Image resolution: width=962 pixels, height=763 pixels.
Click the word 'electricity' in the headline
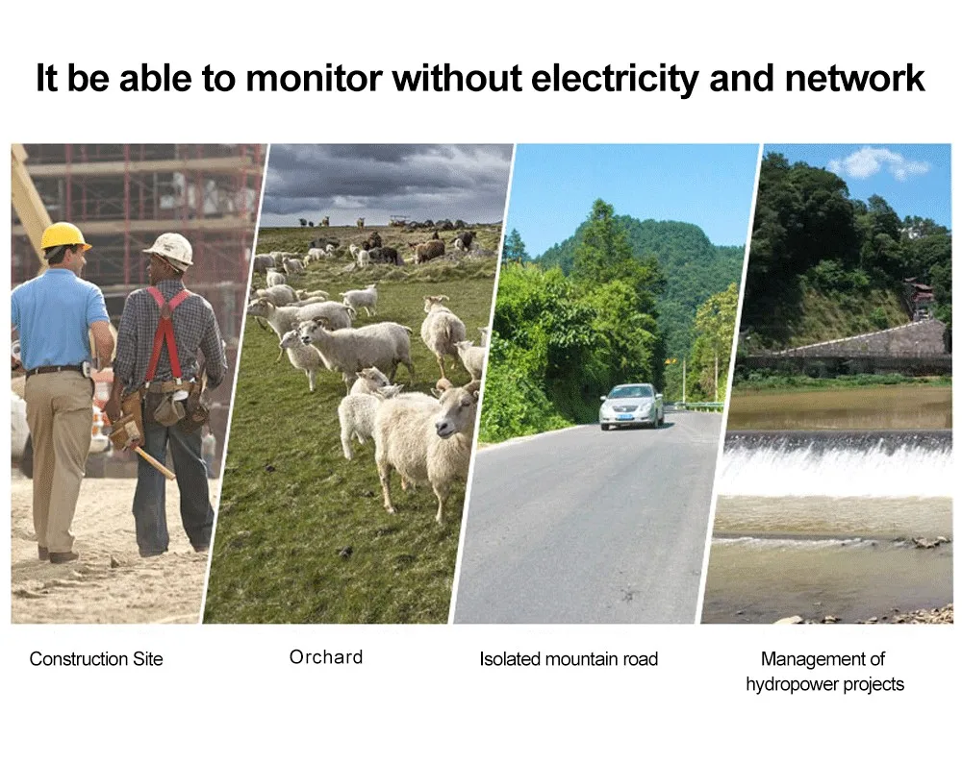coord(614,79)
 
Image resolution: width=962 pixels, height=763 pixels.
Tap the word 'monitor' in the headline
coord(314,79)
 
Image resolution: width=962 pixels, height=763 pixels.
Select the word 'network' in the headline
coord(854,79)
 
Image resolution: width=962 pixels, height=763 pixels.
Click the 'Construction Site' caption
coord(96,659)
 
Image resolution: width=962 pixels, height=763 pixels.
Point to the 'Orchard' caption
coord(326,657)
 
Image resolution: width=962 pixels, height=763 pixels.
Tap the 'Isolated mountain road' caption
coord(569,659)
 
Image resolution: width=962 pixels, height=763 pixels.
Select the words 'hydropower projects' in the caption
coord(824,684)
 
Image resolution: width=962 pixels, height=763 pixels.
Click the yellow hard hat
coord(64,236)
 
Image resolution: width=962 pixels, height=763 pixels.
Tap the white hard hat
coord(170,250)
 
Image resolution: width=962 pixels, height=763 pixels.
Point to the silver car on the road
coord(631,406)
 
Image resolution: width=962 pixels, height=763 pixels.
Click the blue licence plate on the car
coord(624,416)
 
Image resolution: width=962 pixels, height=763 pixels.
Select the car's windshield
coord(628,393)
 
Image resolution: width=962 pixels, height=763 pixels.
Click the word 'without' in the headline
coord(456,79)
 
